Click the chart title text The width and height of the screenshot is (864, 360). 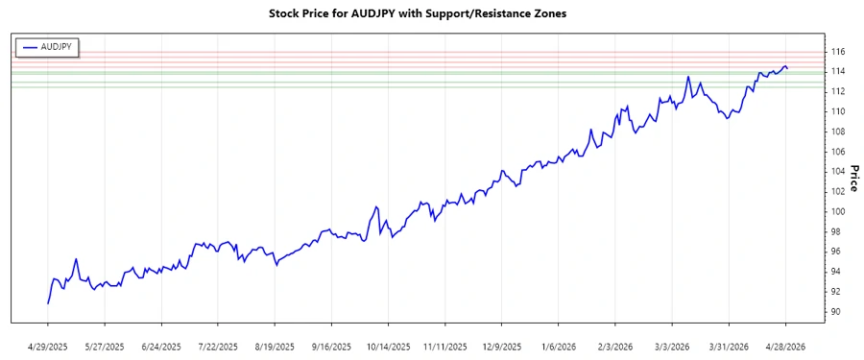coord(432,14)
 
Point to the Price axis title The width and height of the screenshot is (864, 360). coord(853,178)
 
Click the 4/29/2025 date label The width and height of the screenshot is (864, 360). coord(48,347)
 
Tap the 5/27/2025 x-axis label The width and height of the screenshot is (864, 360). coord(105,347)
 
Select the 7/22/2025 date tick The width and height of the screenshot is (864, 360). coord(219,347)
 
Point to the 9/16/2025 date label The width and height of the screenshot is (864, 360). coord(332,347)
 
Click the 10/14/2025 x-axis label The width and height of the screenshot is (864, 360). coord(389,347)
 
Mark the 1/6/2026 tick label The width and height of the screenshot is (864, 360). coord(559,347)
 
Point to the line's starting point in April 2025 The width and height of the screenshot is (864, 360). coord(48,303)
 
